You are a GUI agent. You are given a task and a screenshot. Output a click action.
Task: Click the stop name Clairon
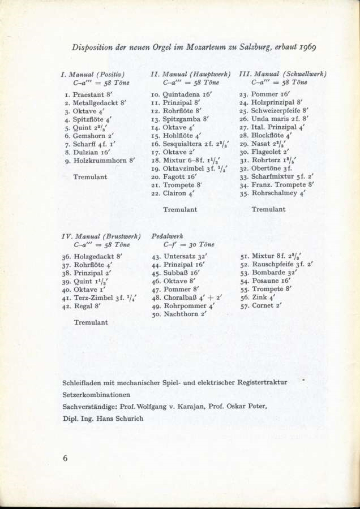(x=177, y=193)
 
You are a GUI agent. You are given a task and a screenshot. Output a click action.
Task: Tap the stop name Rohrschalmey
(x=275, y=193)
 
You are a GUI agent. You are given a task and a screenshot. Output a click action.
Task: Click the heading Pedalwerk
(x=168, y=236)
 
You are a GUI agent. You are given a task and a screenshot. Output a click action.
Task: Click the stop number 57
(x=245, y=306)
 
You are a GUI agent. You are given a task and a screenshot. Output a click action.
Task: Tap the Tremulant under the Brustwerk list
(x=91, y=322)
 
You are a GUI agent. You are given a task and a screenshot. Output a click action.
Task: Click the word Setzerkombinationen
(x=97, y=395)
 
